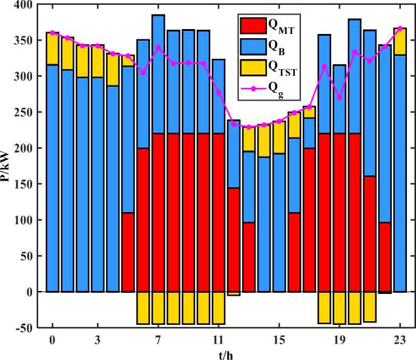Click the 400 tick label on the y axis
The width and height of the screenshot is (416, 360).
click(x=24, y=5)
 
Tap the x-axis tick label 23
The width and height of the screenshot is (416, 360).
click(x=400, y=339)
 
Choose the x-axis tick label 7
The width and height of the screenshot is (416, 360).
click(x=158, y=339)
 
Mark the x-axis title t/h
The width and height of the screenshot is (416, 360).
click(x=226, y=354)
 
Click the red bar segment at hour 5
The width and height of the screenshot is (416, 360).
click(x=128, y=252)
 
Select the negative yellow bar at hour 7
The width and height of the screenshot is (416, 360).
click(x=158, y=308)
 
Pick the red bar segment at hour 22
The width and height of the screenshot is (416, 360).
click(x=385, y=257)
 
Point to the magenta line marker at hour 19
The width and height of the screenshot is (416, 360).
click(x=339, y=98)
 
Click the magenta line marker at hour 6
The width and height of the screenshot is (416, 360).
click(x=143, y=73)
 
